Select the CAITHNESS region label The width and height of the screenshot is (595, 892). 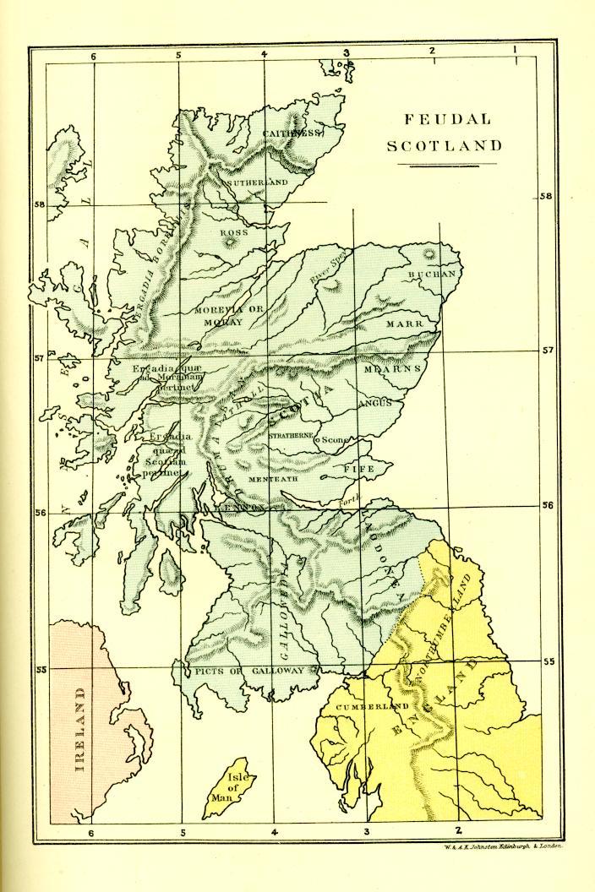292,133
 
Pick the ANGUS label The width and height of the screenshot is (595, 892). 375,404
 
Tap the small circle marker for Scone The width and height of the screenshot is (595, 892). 317,440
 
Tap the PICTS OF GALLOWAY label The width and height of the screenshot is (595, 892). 248,671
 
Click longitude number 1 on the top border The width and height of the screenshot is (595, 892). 515,50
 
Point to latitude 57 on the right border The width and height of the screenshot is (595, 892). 548,350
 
